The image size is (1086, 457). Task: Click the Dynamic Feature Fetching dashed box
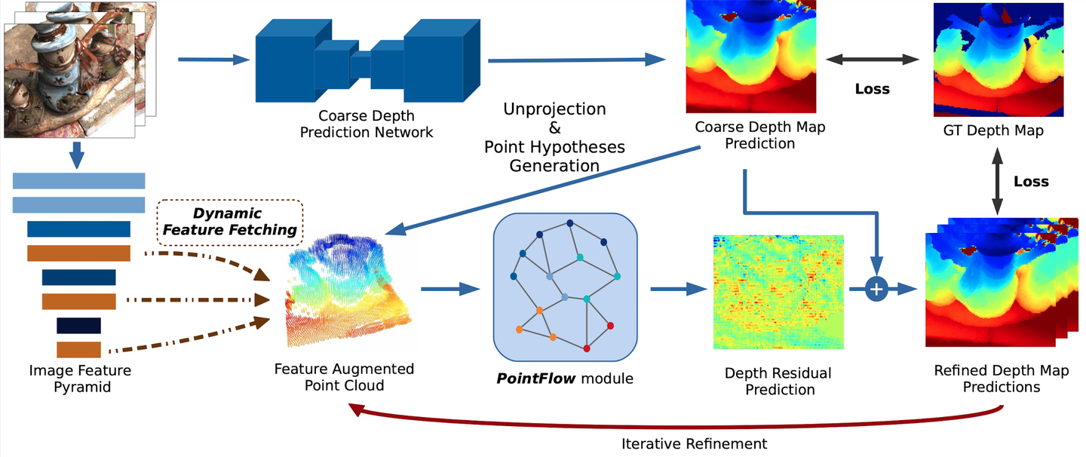[229, 222]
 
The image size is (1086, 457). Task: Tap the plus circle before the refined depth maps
[876, 288]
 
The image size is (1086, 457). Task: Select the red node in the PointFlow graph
[611, 326]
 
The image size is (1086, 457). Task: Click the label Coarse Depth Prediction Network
[367, 124]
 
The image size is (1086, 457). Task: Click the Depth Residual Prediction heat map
[778, 293]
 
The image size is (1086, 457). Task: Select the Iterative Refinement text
[695, 443]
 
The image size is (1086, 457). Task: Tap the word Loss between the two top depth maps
[872, 89]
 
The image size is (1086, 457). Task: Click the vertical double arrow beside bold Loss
[998, 182]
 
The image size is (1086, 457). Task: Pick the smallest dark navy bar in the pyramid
[78, 325]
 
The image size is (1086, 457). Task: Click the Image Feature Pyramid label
[80, 379]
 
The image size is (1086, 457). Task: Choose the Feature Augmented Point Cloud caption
[344, 377]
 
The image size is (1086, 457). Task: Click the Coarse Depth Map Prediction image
[751, 57]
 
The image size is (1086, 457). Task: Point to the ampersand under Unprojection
[554, 128]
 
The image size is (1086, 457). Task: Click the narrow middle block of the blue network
[360, 66]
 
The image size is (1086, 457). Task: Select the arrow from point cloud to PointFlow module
[450, 287]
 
